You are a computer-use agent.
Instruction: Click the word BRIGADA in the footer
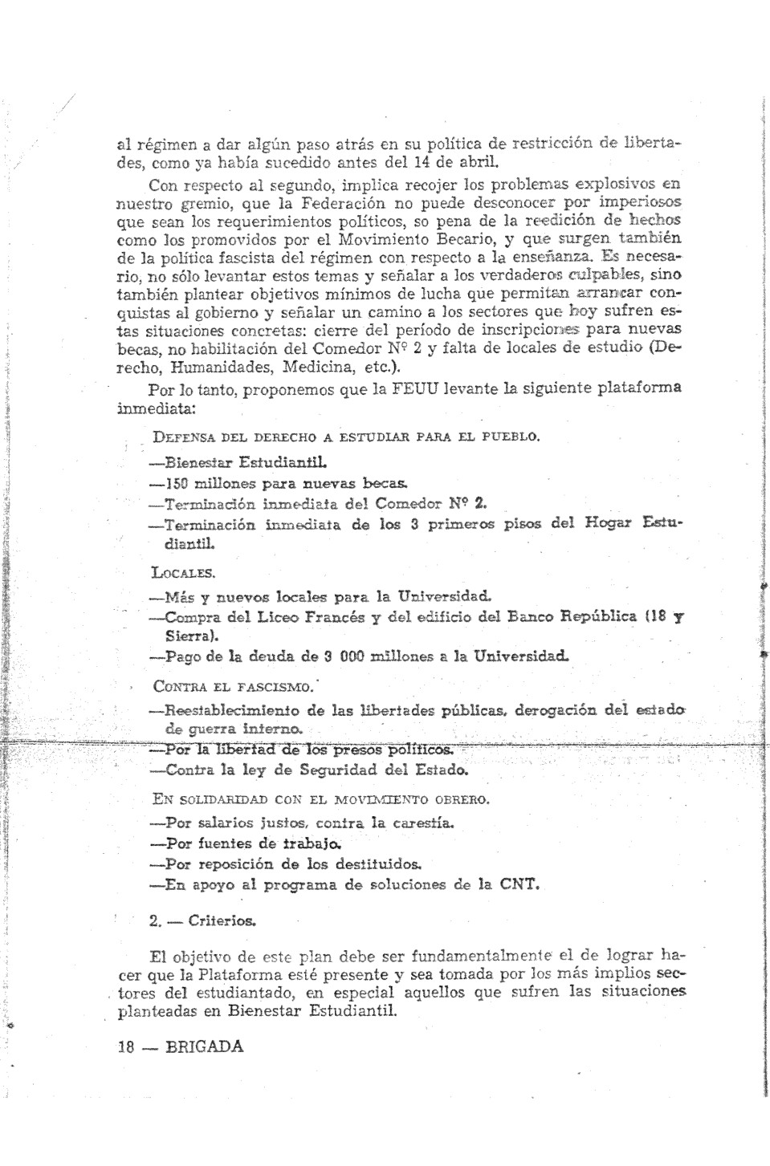tap(203, 1046)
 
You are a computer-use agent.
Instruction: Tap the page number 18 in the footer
tap(125, 1046)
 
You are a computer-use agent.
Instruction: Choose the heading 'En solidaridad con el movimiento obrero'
tap(321, 799)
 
